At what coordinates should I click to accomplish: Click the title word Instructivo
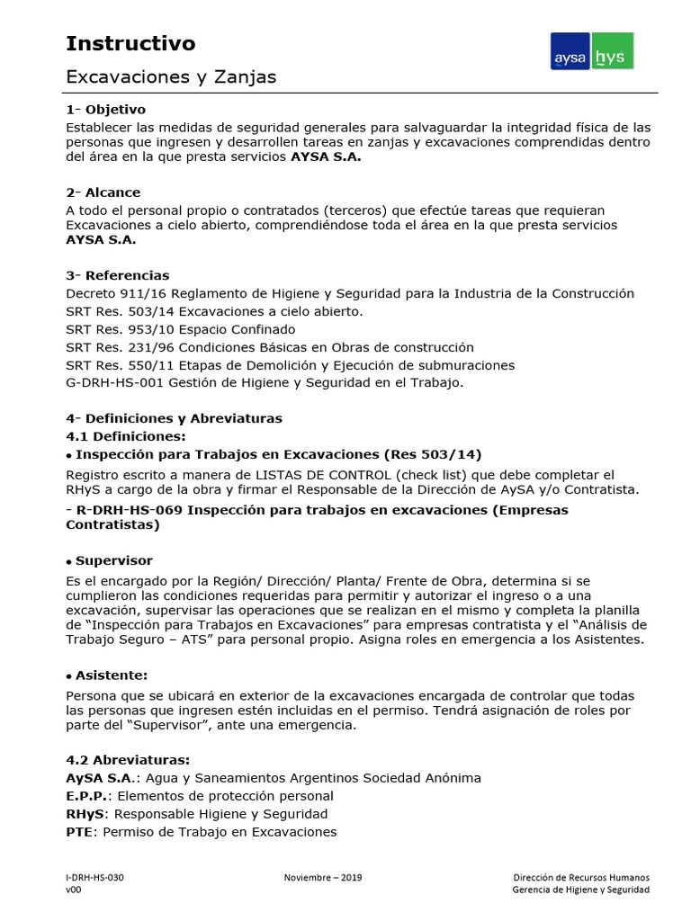(130, 43)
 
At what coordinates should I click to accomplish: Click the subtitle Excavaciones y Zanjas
(171, 77)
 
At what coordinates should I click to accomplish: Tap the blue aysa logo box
(570, 52)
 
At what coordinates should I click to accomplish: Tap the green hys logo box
(613, 52)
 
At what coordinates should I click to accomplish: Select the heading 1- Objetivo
(105, 110)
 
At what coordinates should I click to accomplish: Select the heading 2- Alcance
(103, 192)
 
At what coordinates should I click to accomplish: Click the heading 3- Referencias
(117, 275)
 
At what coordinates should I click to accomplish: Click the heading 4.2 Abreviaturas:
(128, 760)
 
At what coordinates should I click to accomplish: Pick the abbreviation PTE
(80, 832)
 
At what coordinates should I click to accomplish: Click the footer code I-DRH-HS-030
(94, 877)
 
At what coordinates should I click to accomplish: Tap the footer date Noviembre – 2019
(322, 877)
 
